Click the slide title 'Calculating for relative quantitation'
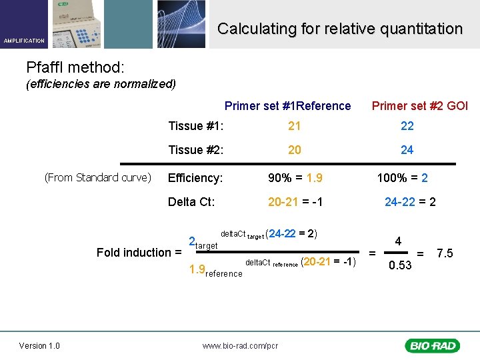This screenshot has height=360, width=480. [x=339, y=29]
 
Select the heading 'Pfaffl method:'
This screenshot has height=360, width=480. [x=75, y=67]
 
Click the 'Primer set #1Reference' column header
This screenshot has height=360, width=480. [x=287, y=106]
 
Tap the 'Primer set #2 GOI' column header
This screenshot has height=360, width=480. [x=419, y=106]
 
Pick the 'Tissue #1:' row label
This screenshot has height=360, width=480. [x=195, y=126]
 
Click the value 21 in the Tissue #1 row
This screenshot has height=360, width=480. [x=294, y=126]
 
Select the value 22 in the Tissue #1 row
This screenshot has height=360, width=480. [x=407, y=126]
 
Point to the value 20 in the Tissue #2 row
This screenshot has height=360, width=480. [x=294, y=150]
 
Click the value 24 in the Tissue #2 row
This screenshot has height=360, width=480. [x=407, y=150]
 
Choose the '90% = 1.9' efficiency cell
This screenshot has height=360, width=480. [x=295, y=178]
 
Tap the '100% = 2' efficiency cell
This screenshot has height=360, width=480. [x=402, y=178]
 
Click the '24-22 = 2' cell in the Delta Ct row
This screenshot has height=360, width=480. [x=410, y=201]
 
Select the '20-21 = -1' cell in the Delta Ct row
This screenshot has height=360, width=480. [x=295, y=201]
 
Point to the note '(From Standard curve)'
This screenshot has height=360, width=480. [x=98, y=177]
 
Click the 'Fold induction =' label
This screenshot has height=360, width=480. [x=139, y=252]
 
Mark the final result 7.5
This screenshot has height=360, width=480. [x=445, y=253]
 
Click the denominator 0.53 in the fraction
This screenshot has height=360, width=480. [x=400, y=265]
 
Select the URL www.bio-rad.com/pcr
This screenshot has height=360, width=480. [x=240, y=345]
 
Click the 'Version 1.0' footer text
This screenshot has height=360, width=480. [x=39, y=345]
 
